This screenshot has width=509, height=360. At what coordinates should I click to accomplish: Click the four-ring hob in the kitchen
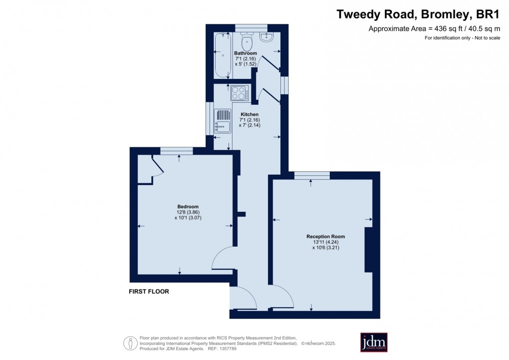(x=240, y=93)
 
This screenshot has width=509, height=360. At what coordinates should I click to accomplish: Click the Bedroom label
(x=188, y=207)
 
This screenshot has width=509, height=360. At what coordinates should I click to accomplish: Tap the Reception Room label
(x=325, y=237)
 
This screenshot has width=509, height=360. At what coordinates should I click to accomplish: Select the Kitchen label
(x=250, y=114)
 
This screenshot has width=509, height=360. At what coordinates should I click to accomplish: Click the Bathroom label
(x=246, y=53)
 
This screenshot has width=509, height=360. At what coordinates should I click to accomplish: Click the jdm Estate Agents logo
(x=374, y=342)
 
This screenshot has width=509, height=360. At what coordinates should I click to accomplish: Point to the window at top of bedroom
(x=177, y=151)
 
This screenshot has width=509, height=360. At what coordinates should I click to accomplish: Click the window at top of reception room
(x=311, y=175)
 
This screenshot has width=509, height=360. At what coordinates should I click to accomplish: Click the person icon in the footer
(x=130, y=343)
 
